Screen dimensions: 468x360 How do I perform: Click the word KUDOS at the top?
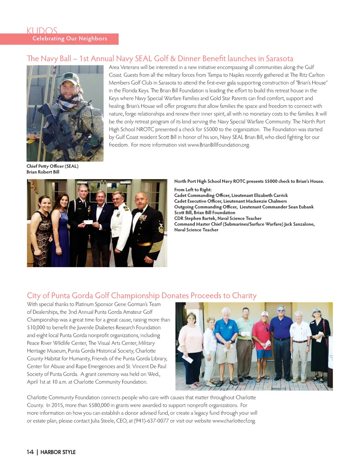tap(42, 31)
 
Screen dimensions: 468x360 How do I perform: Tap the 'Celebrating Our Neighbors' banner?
tap(70, 39)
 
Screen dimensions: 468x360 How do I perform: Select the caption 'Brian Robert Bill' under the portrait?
tap(43, 172)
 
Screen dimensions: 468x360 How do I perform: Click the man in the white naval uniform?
tap(120, 225)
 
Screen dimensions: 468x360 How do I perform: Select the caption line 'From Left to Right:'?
tap(193, 190)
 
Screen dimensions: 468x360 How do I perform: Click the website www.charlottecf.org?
tap(234, 421)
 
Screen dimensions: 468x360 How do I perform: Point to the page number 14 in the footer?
tap(30, 452)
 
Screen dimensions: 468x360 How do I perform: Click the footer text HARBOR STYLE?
tap(58, 452)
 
